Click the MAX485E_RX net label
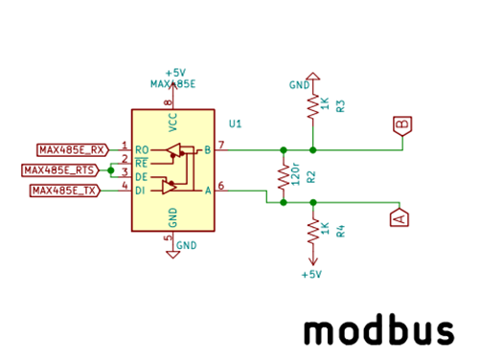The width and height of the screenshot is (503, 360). pyautogui.click(x=71, y=149)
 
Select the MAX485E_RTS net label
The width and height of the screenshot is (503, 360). pyautogui.click(x=58, y=169)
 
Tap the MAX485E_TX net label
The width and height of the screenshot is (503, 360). pyautogui.click(x=65, y=191)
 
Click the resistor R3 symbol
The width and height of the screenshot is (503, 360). pyautogui.click(x=311, y=106)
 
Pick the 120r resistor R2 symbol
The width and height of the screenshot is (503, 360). pyautogui.click(x=283, y=176)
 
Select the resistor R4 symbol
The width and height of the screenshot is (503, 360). pyautogui.click(x=311, y=230)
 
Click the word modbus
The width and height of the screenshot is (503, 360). pyautogui.click(x=378, y=330)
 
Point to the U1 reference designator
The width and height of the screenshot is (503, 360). pyautogui.click(x=235, y=124)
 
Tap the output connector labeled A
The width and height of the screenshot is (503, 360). pyautogui.click(x=400, y=217)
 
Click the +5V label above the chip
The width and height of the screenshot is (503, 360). pyautogui.click(x=174, y=73)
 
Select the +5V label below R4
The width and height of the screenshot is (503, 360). pyautogui.click(x=310, y=275)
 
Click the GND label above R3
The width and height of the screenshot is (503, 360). pyautogui.click(x=299, y=84)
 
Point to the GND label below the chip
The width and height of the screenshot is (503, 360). pyautogui.click(x=186, y=245)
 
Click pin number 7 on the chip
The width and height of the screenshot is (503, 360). pyautogui.click(x=220, y=145)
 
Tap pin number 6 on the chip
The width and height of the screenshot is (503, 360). pyautogui.click(x=220, y=186)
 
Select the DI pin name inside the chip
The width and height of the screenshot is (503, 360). pyautogui.click(x=142, y=191)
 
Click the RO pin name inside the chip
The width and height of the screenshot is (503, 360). pyautogui.click(x=143, y=150)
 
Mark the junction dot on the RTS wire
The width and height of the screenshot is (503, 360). pyautogui.click(x=111, y=169)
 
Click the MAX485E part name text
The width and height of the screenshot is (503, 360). pyautogui.click(x=172, y=84)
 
